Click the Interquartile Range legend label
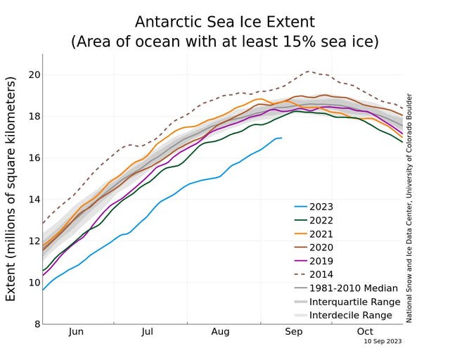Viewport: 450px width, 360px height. (x=354, y=302)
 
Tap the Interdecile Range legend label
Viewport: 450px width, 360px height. (x=351, y=315)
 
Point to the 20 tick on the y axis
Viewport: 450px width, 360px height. (x=32, y=75)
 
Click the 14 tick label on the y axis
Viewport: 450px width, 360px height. (x=32, y=200)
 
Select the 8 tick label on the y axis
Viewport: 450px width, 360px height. (x=35, y=324)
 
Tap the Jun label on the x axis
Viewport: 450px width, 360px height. (x=77, y=332)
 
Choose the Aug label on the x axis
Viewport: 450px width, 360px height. (x=220, y=332)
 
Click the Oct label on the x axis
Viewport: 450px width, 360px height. (x=365, y=332)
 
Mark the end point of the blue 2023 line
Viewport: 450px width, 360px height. (x=282, y=138)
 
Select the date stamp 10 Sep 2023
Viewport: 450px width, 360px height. (x=383, y=341)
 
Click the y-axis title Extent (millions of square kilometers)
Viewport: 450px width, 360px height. (x=11, y=190)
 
